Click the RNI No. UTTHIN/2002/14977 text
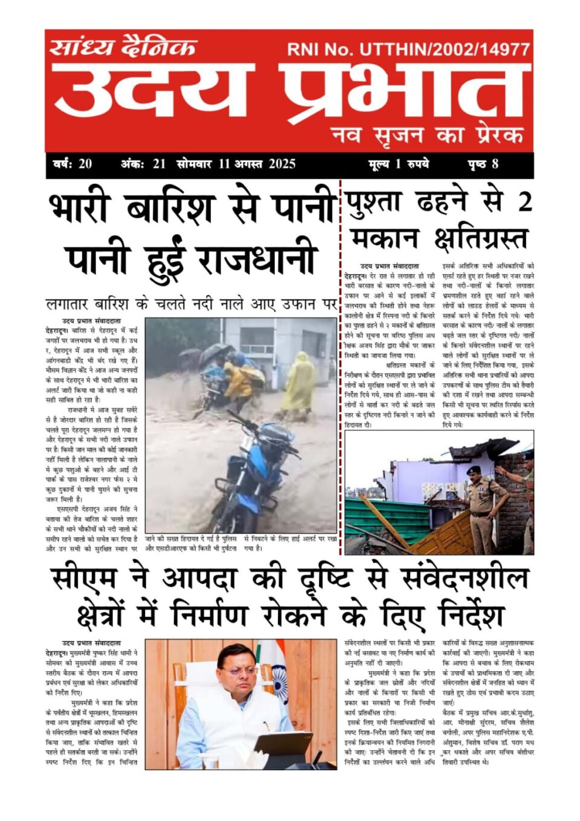tap(408, 50)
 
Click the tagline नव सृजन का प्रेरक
tap(427, 134)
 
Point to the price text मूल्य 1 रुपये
tap(399, 164)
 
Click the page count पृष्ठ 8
tap(483, 164)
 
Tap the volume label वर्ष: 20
tap(72, 164)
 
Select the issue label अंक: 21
tap(143, 164)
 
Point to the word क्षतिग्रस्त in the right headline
tap(480, 239)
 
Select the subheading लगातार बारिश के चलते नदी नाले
tap(191, 303)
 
